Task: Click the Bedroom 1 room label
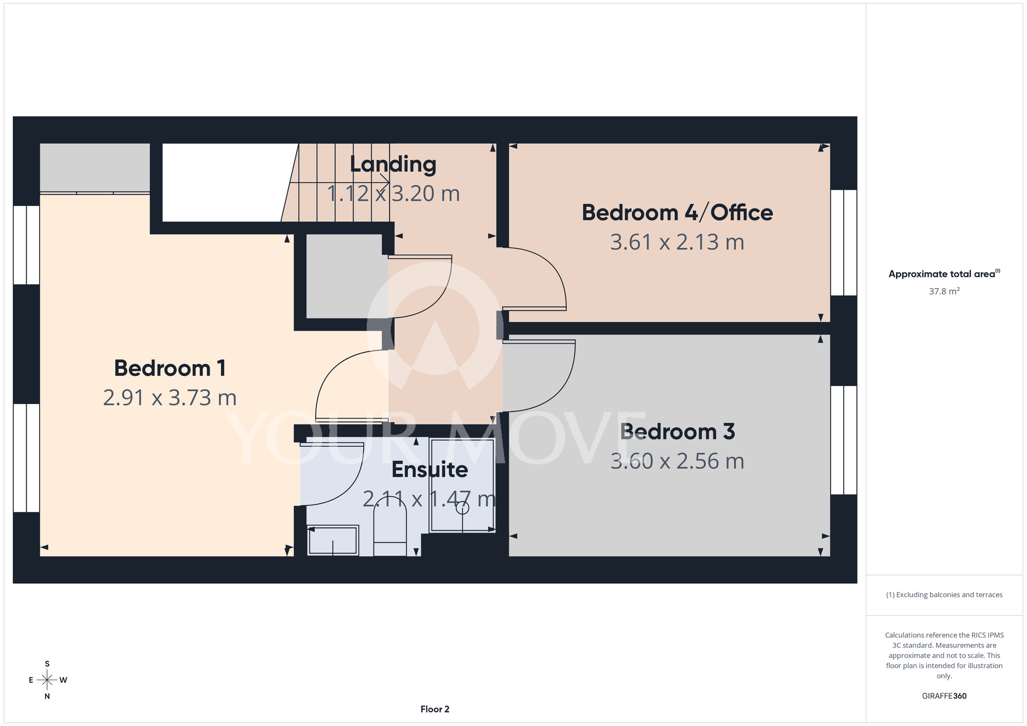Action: pos(169,368)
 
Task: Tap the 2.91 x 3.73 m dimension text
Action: pos(169,398)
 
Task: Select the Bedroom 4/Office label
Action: pos(677,213)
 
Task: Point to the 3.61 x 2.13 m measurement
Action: pos(677,242)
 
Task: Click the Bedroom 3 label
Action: pos(677,432)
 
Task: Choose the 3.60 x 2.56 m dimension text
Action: pos(677,461)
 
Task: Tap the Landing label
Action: pos(393,164)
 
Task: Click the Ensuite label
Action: pos(429,470)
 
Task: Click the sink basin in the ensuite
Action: pos(333,540)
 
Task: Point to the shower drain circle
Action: pos(463,508)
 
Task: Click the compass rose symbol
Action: pos(47,680)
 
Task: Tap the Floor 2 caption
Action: pos(434,710)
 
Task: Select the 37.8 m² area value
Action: pos(944,291)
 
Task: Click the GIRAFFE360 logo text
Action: pos(944,696)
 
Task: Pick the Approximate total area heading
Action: pos(944,274)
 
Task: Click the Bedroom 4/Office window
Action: pos(843,242)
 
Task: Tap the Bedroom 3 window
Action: pos(843,440)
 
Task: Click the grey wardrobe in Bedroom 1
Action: pos(95,168)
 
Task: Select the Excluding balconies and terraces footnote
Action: pos(944,595)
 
